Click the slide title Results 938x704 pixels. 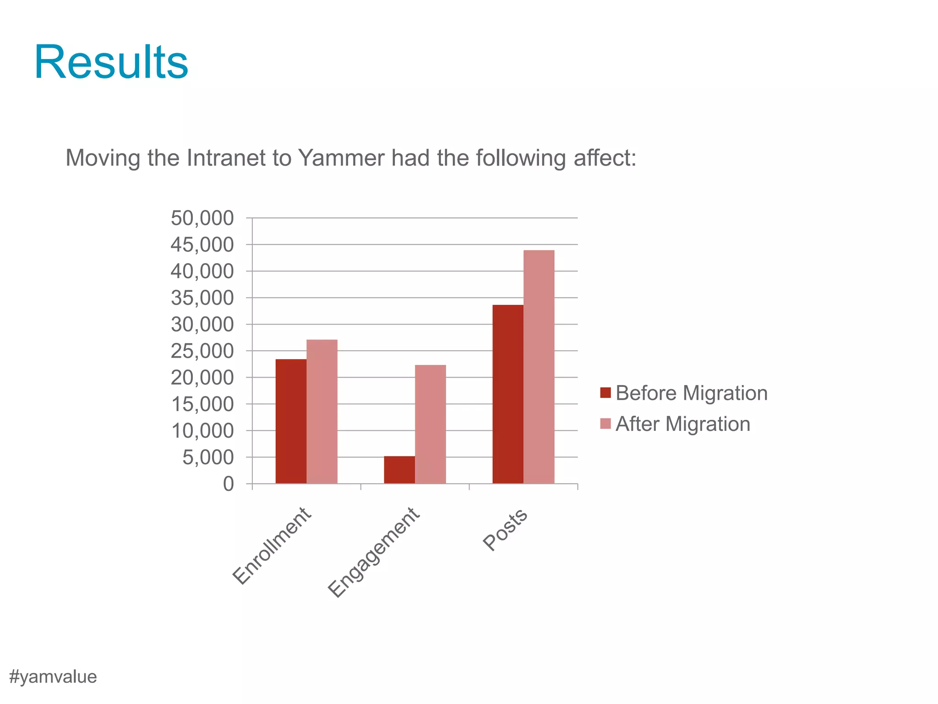[x=111, y=62]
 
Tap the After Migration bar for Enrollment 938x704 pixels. [x=322, y=411]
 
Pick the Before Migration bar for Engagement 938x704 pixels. [x=399, y=469]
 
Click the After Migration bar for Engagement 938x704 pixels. [x=431, y=424]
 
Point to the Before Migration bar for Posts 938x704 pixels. [x=508, y=394]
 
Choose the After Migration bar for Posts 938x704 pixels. [x=539, y=366]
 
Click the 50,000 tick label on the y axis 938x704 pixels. [x=202, y=218]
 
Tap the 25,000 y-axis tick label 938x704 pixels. [x=202, y=351]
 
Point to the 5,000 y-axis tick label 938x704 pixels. [x=208, y=457]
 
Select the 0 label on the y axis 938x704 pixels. [x=228, y=484]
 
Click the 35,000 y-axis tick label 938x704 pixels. [x=202, y=298]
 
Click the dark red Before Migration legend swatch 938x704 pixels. [x=605, y=393]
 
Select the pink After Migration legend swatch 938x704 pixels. [x=605, y=423]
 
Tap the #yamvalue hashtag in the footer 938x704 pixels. [x=53, y=676]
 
